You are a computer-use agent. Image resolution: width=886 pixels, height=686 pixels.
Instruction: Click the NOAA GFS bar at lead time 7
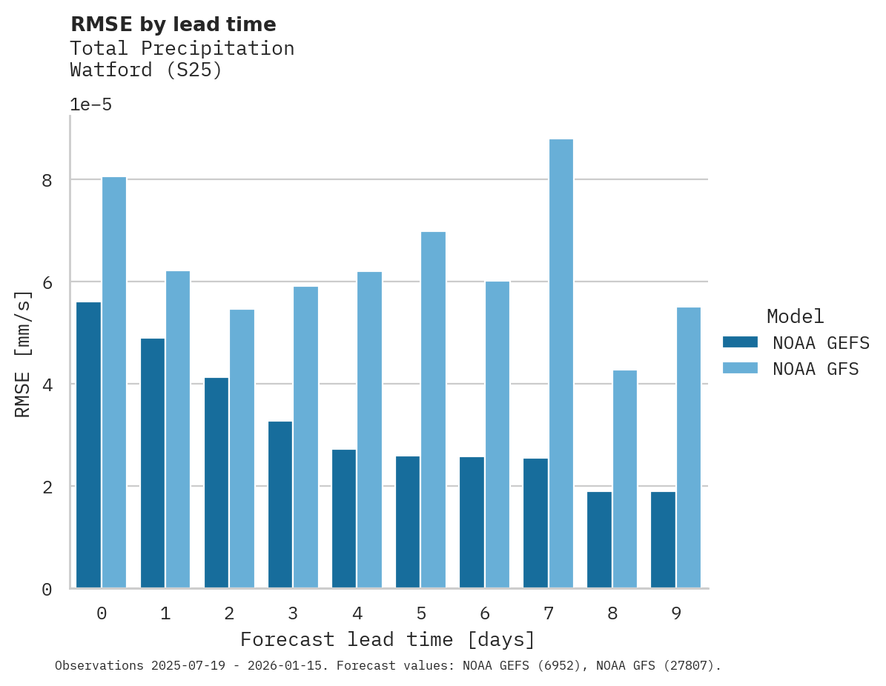pos(561,363)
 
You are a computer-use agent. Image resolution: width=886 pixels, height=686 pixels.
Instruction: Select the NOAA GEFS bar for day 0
pos(88,444)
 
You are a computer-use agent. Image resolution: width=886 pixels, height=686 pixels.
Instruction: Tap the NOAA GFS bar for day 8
pos(625,479)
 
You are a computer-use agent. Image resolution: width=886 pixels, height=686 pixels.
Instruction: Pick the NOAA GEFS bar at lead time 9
pos(663,539)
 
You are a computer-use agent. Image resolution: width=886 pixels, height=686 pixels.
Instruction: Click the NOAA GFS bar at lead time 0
pos(114,382)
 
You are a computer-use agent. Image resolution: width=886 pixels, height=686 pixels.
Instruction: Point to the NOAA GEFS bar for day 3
pos(280,504)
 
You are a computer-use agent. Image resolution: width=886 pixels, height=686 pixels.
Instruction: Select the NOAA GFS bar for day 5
pos(434,410)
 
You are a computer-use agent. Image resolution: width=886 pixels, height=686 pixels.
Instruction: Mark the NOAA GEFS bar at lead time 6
pos(472,522)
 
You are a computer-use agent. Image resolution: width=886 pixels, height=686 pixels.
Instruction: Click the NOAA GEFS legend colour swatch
pos(740,342)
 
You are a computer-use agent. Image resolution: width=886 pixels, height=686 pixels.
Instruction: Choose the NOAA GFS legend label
pos(816,369)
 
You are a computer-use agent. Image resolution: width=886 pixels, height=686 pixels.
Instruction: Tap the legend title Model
pos(795,317)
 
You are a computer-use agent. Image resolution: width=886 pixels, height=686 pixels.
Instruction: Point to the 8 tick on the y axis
pos(47,180)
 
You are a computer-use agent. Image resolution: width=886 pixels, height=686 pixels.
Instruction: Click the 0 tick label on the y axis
pos(47,590)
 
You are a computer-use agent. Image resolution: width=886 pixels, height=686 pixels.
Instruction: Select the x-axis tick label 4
pos(357,614)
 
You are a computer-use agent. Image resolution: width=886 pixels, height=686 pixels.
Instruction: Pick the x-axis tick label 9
pos(676,614)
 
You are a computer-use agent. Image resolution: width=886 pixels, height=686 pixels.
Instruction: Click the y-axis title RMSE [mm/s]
pos(24,354)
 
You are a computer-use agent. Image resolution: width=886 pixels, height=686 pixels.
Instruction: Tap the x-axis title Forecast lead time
pos(387,639)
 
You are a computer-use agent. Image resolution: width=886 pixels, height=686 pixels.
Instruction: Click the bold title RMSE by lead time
pos(173,24)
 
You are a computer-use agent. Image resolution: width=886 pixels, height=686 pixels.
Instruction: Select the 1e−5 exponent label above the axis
pos(90,104)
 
